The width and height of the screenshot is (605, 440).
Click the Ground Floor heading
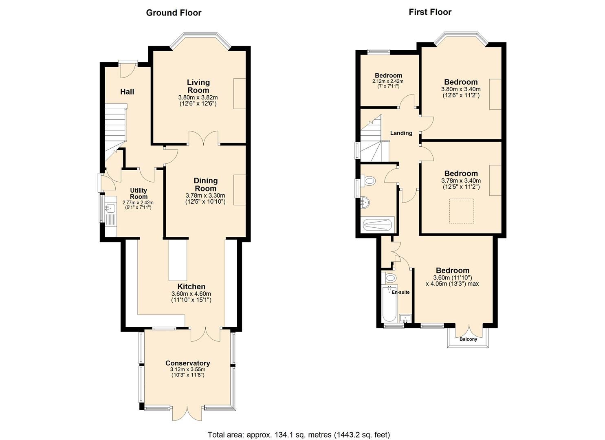point(174,13)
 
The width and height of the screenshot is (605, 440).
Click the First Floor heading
point(430,12)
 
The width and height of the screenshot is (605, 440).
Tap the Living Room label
point(198,86)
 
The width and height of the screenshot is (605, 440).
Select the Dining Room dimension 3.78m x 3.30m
point(205,196)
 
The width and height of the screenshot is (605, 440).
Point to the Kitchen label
point(191,286)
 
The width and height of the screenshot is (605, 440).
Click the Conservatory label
point(187,363)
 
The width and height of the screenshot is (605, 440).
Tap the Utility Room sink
point(110,209)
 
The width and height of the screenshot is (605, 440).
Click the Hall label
point(127,92)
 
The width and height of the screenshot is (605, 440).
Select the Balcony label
point(468,339)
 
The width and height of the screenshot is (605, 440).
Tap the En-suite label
point(400,292)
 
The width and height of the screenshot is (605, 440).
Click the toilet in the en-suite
point(390,278)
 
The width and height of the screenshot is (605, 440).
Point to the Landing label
point(401,133)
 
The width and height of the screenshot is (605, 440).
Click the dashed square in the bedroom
point(462,211)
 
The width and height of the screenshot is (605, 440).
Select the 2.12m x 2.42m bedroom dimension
point(388,81)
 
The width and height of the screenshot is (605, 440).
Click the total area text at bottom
point(299,434)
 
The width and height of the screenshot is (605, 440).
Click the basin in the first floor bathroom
point(365,201)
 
